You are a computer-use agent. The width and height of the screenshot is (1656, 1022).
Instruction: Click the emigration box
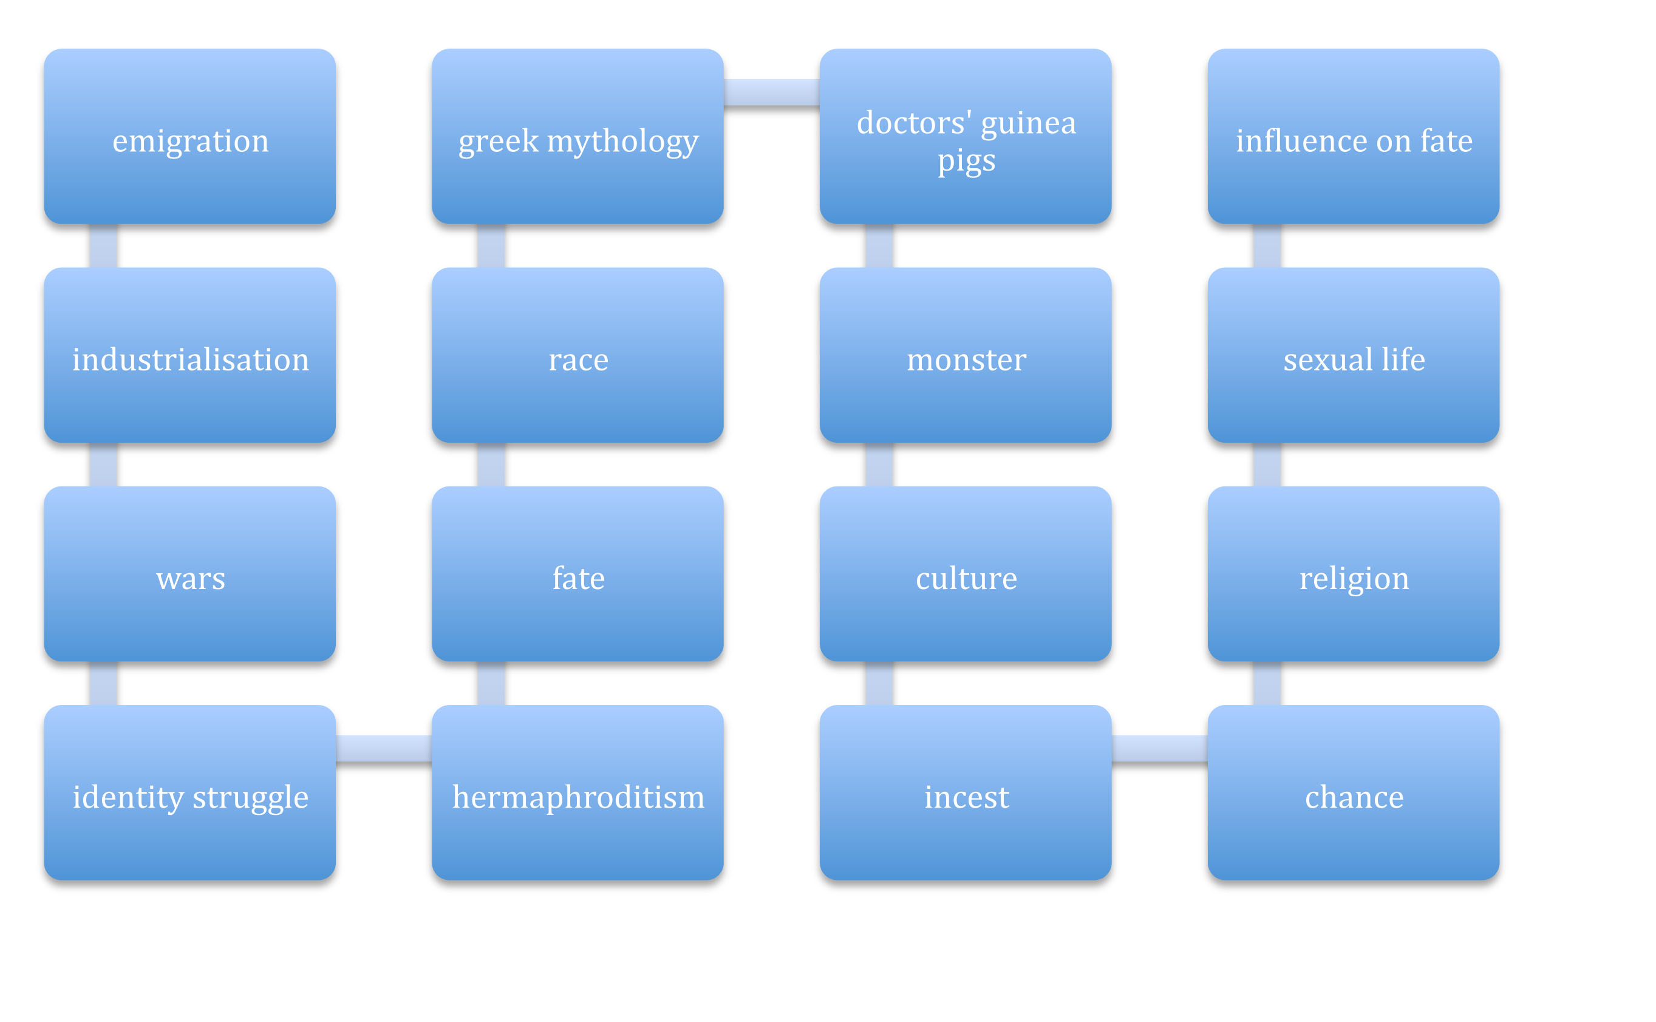[x=190, y=137]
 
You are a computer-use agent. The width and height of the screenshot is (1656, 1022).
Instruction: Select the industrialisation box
[x=190, y=355]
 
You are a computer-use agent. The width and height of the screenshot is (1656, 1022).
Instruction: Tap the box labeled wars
[x=190, y=574]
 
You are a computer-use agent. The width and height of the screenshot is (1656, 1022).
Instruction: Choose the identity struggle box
[x=190, y=793]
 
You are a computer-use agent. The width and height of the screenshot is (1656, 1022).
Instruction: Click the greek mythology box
[x=578, y=137]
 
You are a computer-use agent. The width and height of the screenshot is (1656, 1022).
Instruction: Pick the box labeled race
[x=578, y=355]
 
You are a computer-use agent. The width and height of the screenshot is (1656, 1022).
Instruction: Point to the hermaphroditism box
[x=578, y=793]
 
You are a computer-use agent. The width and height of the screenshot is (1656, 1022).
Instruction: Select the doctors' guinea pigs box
[x=966, y=137]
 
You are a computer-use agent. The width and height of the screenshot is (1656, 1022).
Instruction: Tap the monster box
[x=966, y=355]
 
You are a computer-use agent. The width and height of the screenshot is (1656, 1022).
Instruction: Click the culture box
[x=966, y=574]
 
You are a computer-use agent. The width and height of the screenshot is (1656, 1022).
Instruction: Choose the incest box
[x=966, y=793]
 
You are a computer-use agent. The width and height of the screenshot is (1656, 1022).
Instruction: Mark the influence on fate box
[x=1354, y=137]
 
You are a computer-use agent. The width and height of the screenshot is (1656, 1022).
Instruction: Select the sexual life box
[x=1354, y=355]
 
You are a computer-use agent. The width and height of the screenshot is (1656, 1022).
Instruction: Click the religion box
[x=1354, y=574]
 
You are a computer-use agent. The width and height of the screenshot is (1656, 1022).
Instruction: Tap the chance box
[x=1354, y=793]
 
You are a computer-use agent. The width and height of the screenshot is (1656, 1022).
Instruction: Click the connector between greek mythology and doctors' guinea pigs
[x=772, y=92]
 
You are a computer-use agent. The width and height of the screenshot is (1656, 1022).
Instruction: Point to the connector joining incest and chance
[x=1160, y=749]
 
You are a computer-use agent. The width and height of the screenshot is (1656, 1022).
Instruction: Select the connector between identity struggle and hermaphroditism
[x=384, y=749]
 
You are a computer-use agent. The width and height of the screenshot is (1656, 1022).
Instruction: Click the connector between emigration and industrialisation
[x=103, y=246]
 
